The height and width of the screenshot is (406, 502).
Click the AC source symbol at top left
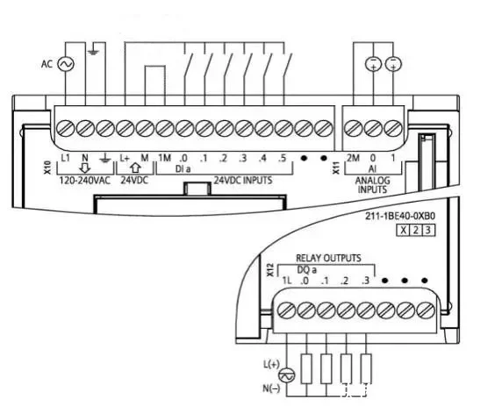[66, 64]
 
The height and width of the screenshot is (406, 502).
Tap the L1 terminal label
[65, 158]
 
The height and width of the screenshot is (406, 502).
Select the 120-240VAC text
[85, 181]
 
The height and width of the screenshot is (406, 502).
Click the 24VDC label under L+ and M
[134, 180]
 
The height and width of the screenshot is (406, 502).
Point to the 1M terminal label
[164, 158]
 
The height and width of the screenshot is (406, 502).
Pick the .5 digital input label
[282, 158]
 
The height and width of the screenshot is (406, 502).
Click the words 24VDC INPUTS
[243, 180]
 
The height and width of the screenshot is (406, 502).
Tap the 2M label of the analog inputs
[353, 158]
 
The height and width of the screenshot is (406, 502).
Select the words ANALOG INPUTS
[372, 185]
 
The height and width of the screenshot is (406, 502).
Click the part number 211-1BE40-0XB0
[400, 217]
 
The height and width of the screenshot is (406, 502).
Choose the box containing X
[403, 231]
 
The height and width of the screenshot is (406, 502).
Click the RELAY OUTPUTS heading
[328, 258]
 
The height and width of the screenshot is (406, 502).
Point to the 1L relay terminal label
[286, 281]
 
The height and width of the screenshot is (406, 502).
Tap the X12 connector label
[270, 270]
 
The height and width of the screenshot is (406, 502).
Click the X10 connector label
[47, 167]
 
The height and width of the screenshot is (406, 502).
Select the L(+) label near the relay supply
[271, 364]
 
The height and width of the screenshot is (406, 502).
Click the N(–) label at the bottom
[271, 388]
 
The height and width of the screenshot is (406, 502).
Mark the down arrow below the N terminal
[85, 168]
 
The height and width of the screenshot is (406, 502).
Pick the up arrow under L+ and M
[136, 168]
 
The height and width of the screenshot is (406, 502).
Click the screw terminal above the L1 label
[66, 129]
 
